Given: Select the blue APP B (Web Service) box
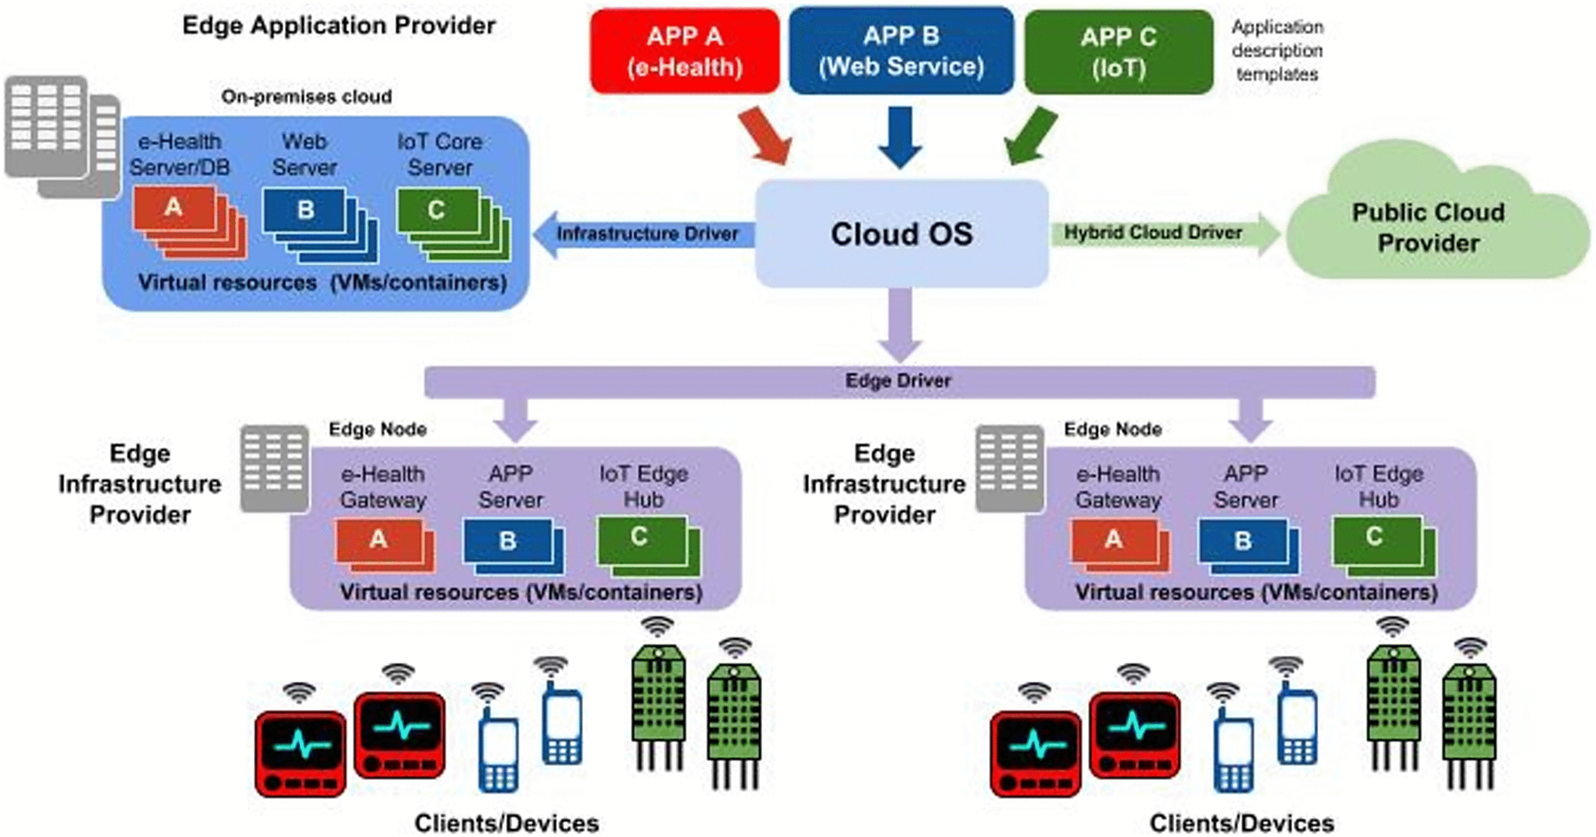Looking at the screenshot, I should coord(901,51).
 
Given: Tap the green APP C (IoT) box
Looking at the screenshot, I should coord(1118,52).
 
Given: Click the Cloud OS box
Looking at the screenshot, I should coord(901,234).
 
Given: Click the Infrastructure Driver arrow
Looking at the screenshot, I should coord(645,234).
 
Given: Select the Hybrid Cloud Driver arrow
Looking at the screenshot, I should coord(1158,233).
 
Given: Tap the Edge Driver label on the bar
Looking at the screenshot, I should coord(898,381).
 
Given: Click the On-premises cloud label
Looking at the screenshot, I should coord(307,97).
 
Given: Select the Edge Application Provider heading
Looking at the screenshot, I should coord(339,26).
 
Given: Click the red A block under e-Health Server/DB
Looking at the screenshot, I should coord(174,208).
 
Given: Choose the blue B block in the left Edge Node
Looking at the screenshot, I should coord(508,540).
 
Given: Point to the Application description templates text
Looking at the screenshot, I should coord(1277,51).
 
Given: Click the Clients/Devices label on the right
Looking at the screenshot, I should coord(1241,823).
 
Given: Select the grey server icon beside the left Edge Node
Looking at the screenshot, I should coord(275,468).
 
